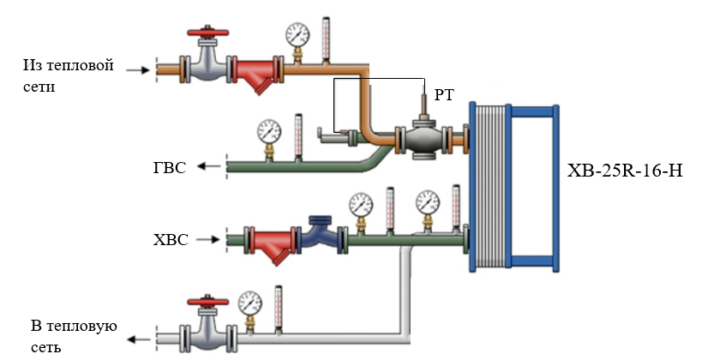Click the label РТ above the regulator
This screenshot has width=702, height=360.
pyautogui.click(x=444, y=94)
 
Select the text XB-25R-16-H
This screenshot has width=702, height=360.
pyautogui.click(x=625, y=171)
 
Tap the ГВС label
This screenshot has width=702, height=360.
pyautogui.click(x=169, y=167)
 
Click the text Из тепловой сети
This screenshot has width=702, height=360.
pyautogui.click(x=69, y=75)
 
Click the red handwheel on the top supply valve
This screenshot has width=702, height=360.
pyautogui.click(x=209, y=36)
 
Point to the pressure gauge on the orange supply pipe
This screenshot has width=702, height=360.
pyautogui.click(x=297, y=34)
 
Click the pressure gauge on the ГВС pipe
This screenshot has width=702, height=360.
pyautogui.click(x=268, y=131)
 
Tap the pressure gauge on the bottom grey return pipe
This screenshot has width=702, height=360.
pyautogui.click(x=249, y=302)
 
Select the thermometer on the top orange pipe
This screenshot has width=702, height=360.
pyautogui.click(x=326, y=39)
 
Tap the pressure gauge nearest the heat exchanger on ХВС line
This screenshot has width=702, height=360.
pyautogui.click(x=427, y=203)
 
